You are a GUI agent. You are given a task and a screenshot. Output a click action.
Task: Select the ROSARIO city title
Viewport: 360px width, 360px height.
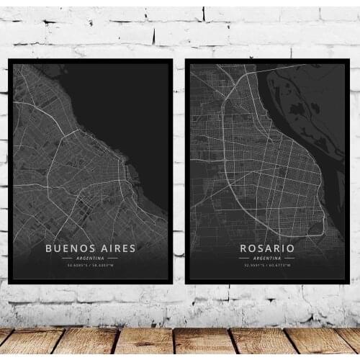[x=268, y=248]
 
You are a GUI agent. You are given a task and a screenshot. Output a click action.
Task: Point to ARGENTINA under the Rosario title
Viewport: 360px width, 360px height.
[x=268, y=258]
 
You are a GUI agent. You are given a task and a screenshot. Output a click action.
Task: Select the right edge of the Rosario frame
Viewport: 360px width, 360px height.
[x=348, y=173]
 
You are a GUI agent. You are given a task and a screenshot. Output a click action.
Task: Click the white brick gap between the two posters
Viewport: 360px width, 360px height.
[x=179, y=173]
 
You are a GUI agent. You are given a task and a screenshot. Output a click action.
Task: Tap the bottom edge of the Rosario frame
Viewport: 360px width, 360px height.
[x=268, y=282]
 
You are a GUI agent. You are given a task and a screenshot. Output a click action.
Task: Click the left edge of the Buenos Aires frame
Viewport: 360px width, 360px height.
[x=10, y=173]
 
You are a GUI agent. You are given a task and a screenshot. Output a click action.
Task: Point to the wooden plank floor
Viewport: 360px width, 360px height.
[x=180, y=342]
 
